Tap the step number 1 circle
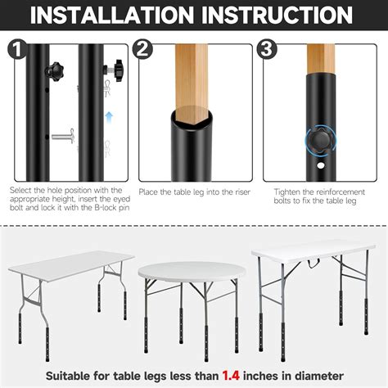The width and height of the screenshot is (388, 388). [15, 49]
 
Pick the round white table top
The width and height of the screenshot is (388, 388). [188, 271]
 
